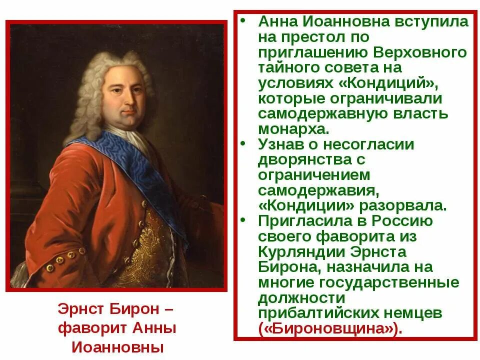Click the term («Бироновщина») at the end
click(x=330, y=328)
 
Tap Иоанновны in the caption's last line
click(x=117, y=346)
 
